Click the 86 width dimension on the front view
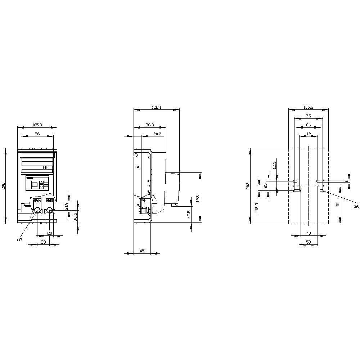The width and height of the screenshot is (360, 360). [x=37, y=134]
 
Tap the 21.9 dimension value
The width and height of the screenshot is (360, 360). [x=66, y=206]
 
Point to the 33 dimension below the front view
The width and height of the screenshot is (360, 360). [x=43, y=242]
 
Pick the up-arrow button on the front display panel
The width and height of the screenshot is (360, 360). [x=41, y=183]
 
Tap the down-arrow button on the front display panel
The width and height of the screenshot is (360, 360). [x=41, y=187]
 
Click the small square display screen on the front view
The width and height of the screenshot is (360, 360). [x=35, y=185]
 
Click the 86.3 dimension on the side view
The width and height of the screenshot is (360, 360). [x=150, y=125]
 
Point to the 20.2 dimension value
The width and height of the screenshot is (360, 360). [x=157, y=134]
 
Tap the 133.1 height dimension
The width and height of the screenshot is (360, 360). [x=198, y=198]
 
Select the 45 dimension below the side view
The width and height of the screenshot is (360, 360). [x=142, y=251]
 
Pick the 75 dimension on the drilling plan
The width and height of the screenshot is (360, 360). [x=308, y=116]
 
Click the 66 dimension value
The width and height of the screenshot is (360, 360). [x=308, y=125]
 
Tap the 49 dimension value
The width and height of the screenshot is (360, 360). [x=308, y=134]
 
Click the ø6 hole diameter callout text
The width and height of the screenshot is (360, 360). [x=355, y=207]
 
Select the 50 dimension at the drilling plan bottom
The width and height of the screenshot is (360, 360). [x=308, y=242]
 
